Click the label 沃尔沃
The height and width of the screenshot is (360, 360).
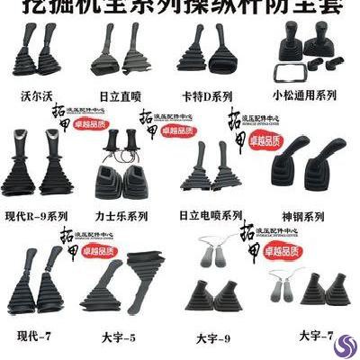pos(39,94)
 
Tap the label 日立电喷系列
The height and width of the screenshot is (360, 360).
pos(211,216)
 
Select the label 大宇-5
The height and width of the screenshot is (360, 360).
pos(121,338)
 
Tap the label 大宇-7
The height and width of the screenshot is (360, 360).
pos(317,336)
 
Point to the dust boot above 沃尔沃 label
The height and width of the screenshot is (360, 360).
pos(38,58)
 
